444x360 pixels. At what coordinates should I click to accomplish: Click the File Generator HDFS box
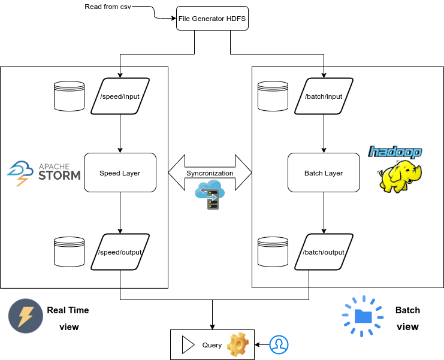pos(212,19)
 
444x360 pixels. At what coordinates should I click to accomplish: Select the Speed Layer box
pos(120,173)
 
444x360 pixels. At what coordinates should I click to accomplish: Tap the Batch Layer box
pos(324,173)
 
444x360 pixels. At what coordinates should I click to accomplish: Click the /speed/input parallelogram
pos(120,96)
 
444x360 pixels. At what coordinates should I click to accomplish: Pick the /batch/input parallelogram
pos(324,96)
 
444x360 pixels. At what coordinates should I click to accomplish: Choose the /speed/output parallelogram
pos(120,252)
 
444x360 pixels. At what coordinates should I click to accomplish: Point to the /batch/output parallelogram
pos(324,252)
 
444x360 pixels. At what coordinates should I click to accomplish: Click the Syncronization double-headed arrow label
pos(210,173)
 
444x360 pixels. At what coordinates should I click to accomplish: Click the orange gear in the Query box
pos(237,344)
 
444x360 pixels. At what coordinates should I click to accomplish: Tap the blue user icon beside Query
pos(278,344)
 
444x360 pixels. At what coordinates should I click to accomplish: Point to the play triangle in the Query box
pos(188,344)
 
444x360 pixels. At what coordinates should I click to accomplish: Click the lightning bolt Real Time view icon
pos(25,316)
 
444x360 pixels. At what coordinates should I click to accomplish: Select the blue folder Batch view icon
pos(363,315)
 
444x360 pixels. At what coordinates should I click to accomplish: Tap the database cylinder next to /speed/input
pos(69,96)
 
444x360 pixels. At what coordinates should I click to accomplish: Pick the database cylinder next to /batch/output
pos(273,252)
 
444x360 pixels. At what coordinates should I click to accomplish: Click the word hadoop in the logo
pos(395,152)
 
